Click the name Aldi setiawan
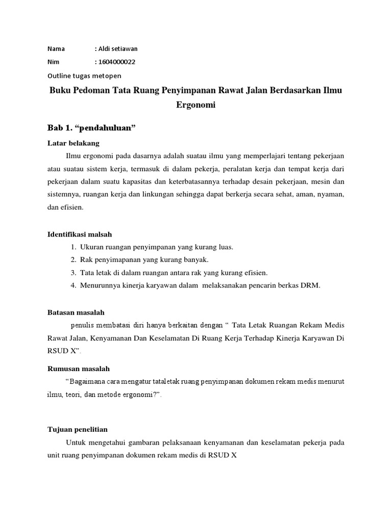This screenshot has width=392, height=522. (117, 49)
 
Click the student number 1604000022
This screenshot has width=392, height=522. (117, 62)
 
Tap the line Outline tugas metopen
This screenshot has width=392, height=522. (84, 75)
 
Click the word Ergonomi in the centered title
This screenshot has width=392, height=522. (196, 106)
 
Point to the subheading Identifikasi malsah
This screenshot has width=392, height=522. (80, 234)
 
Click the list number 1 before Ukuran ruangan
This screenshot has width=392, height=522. (73, 247)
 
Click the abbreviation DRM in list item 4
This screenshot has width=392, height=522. (310, 285)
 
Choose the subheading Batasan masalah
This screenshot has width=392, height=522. (76, 312)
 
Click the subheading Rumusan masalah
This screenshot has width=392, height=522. (79, 369)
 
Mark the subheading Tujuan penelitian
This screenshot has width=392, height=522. (78, 429)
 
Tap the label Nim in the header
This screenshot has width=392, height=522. (53, 62)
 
